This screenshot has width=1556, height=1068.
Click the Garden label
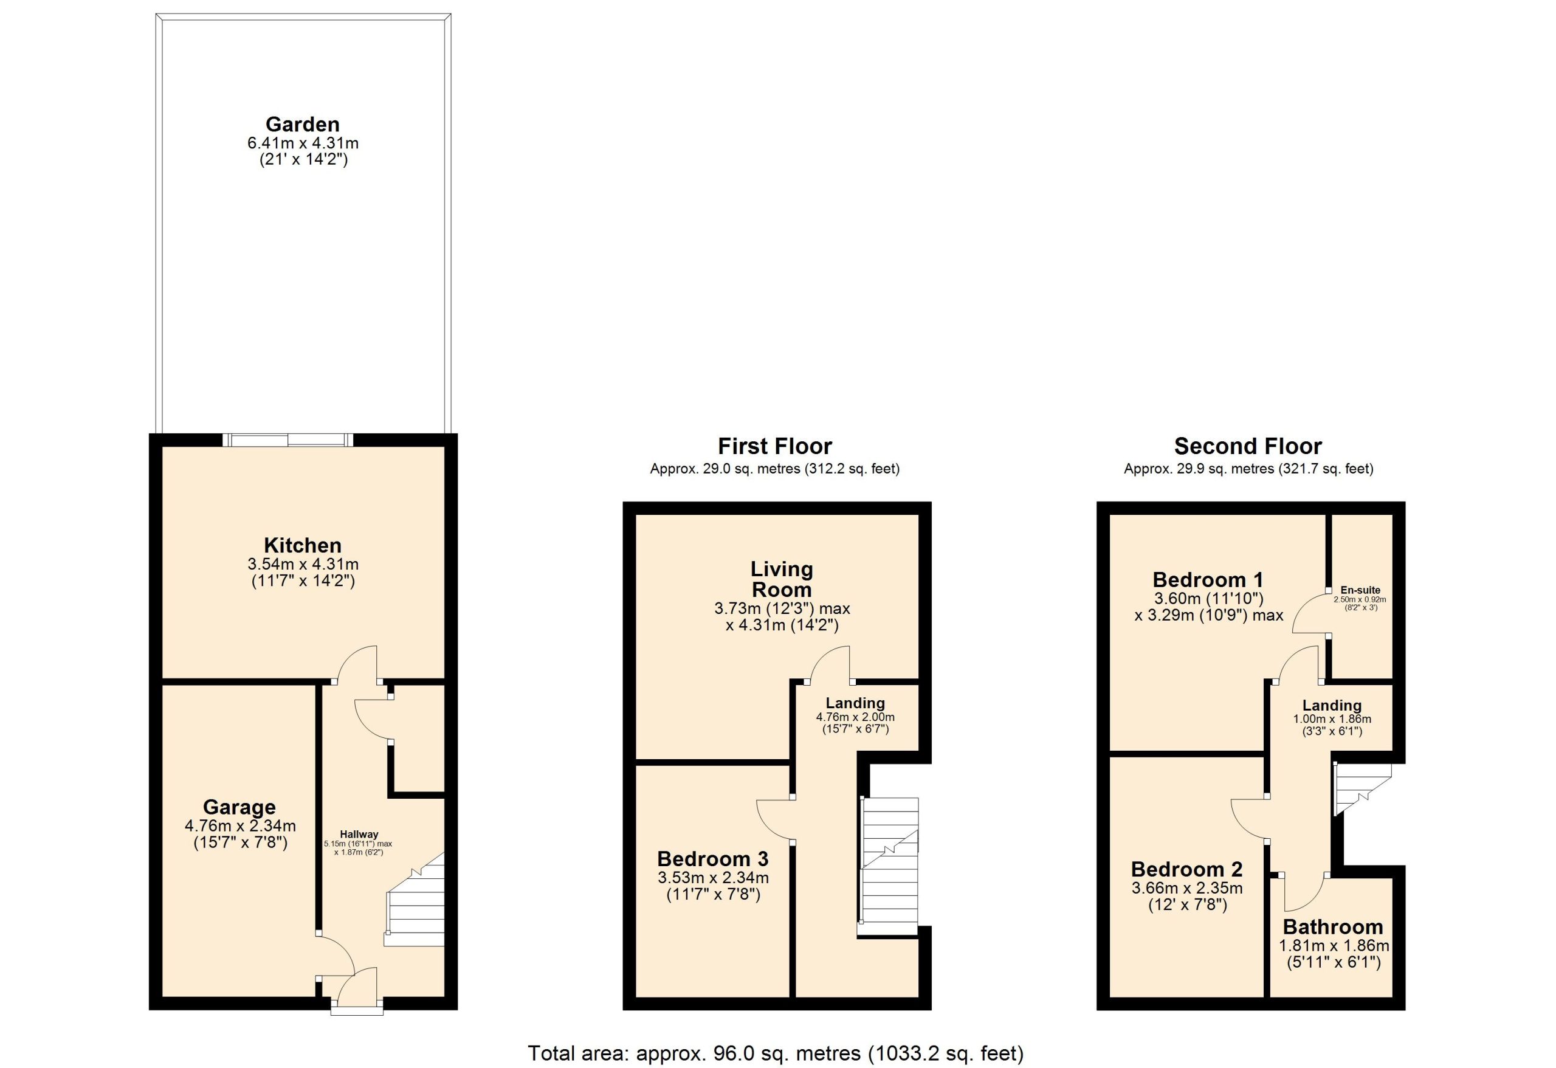point(303,125)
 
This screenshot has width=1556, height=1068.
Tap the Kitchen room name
point(303,545)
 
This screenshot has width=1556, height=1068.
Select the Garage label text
point(239,807)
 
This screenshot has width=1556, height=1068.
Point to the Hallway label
point(359,835)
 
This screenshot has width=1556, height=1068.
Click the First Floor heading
point(774,446)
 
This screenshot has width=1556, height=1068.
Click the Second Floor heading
point(1248,446)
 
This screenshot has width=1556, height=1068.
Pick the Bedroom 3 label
point(712,858)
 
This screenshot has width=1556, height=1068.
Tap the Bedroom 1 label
point(1208,579)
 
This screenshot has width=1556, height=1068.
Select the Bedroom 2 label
point(1186,869)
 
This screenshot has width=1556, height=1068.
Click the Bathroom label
point(1332,927)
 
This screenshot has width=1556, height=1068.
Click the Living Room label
point(782,579)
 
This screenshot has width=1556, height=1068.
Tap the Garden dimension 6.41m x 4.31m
point(303,143)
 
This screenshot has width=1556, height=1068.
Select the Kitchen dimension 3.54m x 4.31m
point(303,564)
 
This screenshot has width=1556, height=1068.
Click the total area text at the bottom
point(776,1053)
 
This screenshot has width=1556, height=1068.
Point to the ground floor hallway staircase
point(415,899)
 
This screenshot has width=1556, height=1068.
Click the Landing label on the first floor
point(855,703)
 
